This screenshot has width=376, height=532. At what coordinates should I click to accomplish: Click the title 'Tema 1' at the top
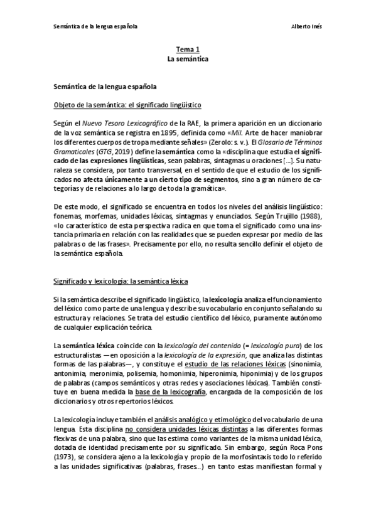tap(187, 49)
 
